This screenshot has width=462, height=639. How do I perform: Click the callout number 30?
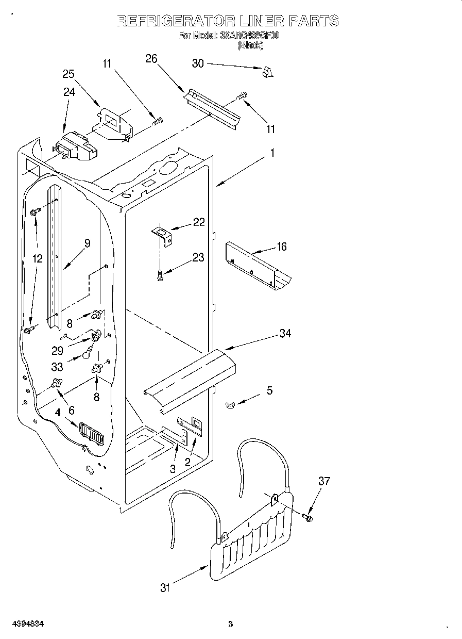198,63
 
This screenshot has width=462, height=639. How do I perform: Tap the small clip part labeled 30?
266,73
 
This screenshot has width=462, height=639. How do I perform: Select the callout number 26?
151,58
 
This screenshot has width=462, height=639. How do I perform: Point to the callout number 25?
69,74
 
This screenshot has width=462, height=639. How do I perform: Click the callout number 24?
69,92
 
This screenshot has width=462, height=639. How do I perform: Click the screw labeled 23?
160,275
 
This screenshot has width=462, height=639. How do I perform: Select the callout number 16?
281,247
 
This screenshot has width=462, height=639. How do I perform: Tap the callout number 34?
285,334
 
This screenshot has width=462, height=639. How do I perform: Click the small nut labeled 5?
230,405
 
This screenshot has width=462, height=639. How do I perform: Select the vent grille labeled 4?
91,433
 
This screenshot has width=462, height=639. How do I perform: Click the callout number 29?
57,350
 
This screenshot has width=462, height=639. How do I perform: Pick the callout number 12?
37,259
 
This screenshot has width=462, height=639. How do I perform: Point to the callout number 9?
87,243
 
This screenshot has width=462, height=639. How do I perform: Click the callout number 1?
272,153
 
